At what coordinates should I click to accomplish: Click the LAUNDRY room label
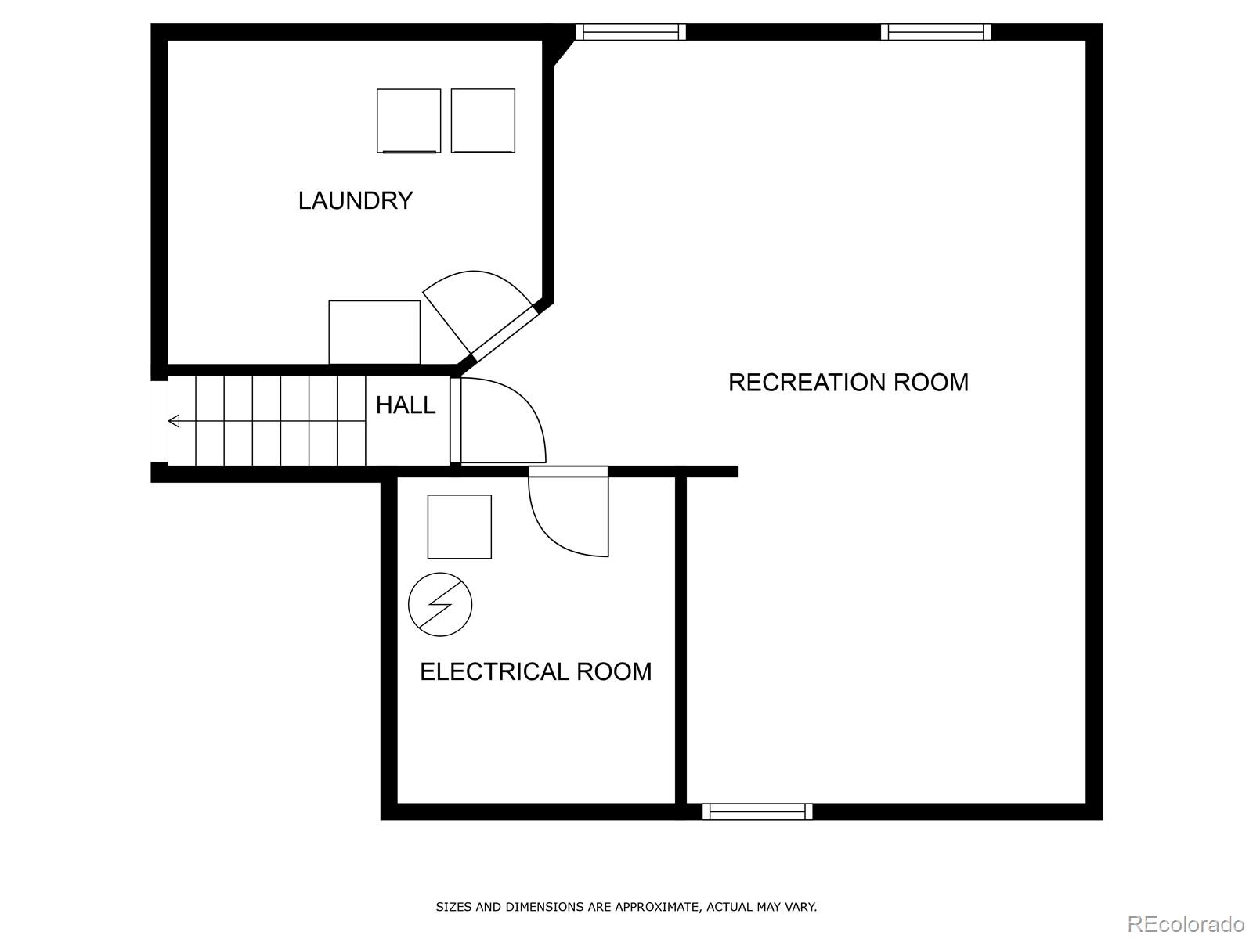pyautogui.click(x=355, y=201)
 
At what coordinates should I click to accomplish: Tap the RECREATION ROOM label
pyautogui.click(x=848, y=383)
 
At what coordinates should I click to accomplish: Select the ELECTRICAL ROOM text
pyautogui.click(x=536, y=672)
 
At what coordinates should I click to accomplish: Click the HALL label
pyautogui.click(x=405, y=405)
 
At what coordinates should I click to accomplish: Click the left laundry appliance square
pyautogui.click(x=409, y=121)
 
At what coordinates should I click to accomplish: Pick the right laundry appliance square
pyautogui.click(x=483, y=121)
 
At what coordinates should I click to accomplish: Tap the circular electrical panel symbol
pyautogui.click(x=440, y=604)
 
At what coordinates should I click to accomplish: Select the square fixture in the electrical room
pyautogui.click(x=459, y=527)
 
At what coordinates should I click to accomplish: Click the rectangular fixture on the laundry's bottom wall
pyautogui.click(x=374, y=332)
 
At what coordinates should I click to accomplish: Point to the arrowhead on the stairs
pyautogui.click(x=174, y=421)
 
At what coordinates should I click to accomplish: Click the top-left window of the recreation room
pyautogui.click(x=630, y=32)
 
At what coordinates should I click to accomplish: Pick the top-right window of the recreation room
pyautogui.click(x=936, y=32)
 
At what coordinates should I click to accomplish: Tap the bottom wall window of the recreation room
pyautogui.click(x=757, y=811)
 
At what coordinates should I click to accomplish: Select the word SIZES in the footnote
pyautogui.click(x=453, y=908)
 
